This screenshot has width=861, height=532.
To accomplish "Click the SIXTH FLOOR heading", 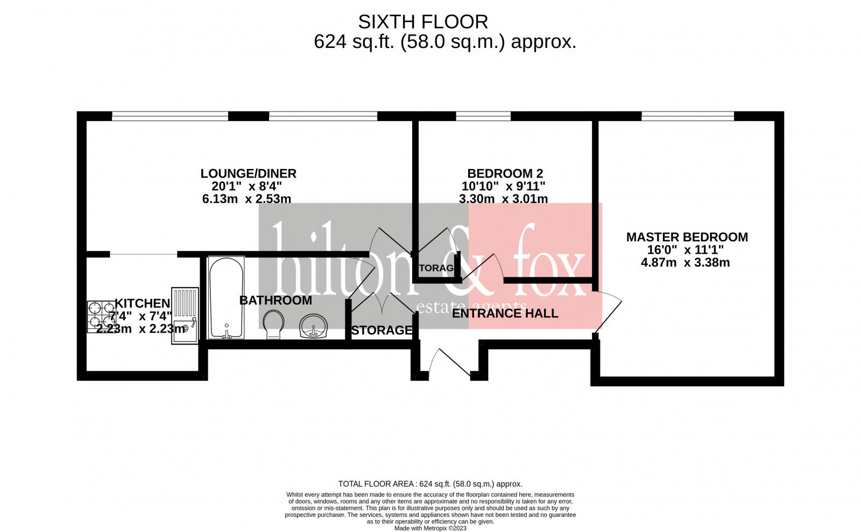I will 423,22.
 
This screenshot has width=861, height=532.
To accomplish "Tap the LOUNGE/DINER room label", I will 248,173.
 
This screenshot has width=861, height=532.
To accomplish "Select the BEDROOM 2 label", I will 505,173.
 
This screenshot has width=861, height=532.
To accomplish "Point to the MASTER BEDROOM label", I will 687,237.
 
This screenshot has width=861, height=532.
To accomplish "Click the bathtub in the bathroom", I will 226,298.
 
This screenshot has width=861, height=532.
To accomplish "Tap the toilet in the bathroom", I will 273,325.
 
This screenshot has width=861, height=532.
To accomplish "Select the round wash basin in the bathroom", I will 314,326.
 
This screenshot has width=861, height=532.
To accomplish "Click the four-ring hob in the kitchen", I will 101,316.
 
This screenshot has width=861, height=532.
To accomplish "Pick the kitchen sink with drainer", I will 185,316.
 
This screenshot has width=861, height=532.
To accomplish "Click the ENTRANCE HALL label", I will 505,313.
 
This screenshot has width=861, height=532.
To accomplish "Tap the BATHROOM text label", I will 276,300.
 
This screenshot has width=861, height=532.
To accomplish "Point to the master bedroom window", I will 687,116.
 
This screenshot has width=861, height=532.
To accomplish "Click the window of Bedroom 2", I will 483,116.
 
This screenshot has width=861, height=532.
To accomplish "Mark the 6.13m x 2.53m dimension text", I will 246,199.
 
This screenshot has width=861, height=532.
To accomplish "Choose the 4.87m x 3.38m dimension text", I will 685,263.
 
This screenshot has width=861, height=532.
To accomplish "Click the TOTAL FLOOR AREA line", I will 430,484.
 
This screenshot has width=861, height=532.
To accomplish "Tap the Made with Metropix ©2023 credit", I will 430,528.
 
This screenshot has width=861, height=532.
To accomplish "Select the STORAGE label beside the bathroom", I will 381,330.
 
